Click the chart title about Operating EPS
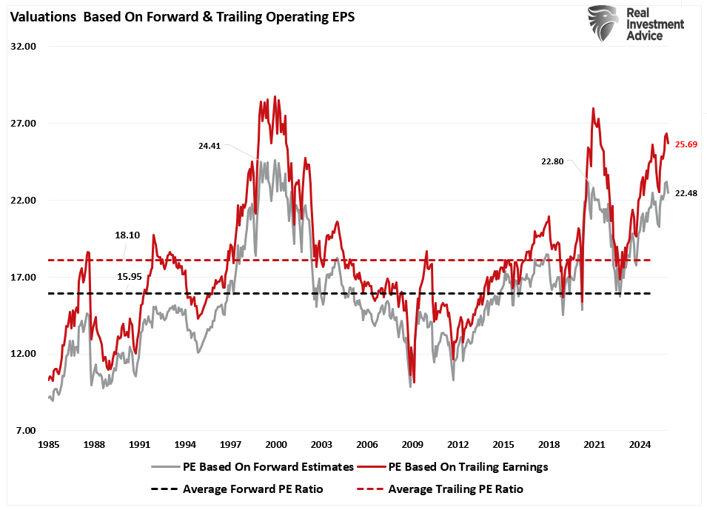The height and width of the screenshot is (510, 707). click(x=182, y=19)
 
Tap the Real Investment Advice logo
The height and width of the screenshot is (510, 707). click(x=635, y=24)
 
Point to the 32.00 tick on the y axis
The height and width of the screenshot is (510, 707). click(x=24, y=46)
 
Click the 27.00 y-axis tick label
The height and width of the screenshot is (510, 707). click(x=24, y=123)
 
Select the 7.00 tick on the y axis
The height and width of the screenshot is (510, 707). click(x=25, y=431)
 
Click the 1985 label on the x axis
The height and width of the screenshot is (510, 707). click(x=48, y=444)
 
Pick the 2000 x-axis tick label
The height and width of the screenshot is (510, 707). click(x=275, y=444)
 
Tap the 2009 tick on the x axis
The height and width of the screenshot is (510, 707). click(x=412, y=444)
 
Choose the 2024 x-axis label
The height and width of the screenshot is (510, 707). click(x=640, y=444)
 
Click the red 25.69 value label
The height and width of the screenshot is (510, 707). click(x=686, y=144)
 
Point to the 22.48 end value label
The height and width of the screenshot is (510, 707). click(x=686, y=193)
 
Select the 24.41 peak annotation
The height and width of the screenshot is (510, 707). click(x=210, y=146)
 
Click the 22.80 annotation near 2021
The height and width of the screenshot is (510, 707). click(x=553, y=161)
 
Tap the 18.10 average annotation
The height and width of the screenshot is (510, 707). click(x=127, y=235)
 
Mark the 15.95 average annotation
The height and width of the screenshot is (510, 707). click(x=127, y=276)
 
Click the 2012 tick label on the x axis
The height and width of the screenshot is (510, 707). click(x=458, y=444)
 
